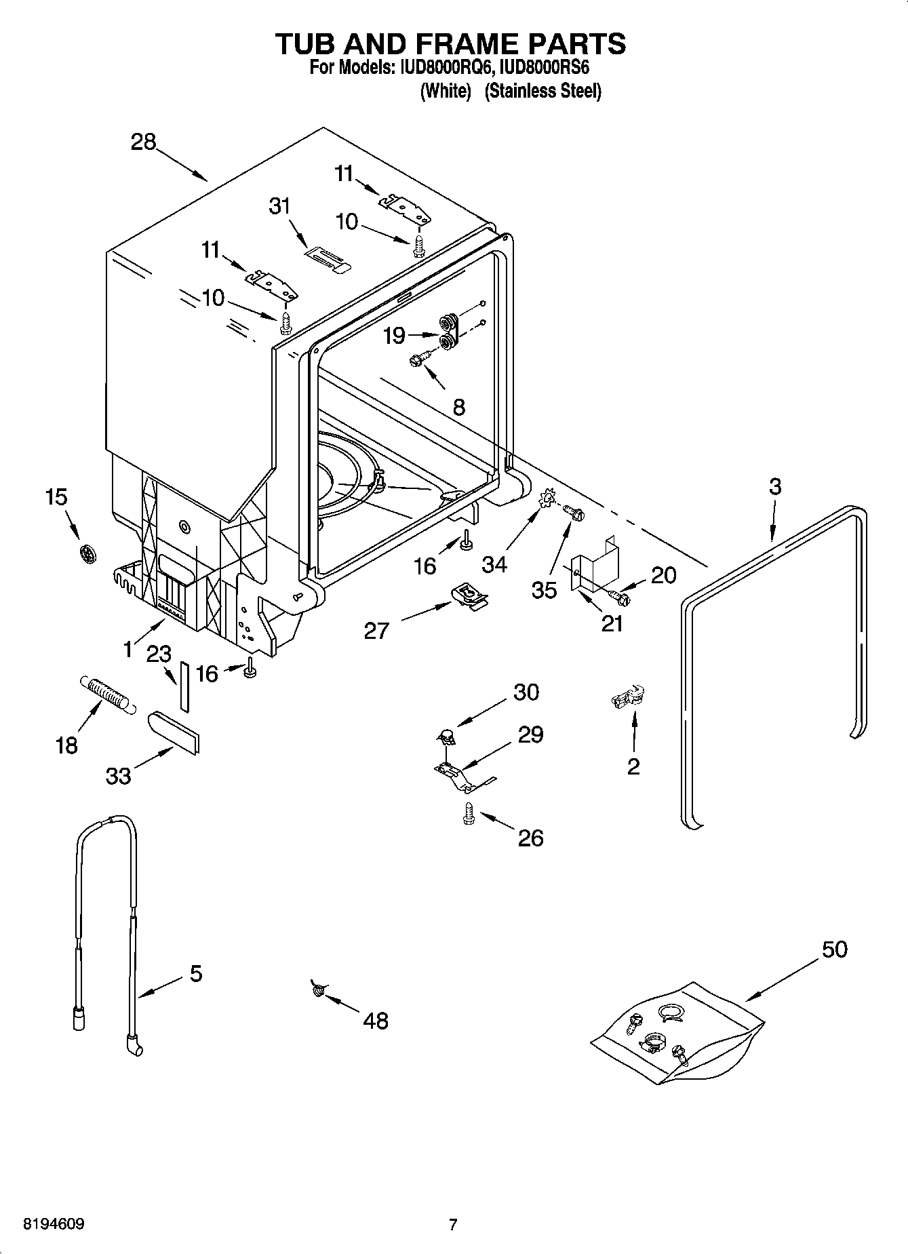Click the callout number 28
click(x=144, y=142)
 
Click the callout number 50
click(x=835, y=949)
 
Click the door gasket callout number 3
click(x=775, y=486)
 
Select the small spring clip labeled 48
click(x=317, y=990)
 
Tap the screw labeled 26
click(x=467, y=812)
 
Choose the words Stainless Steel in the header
click(x=543, y=91)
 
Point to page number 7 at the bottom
click(x=453, y=1224)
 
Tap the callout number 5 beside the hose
click(x=195, y=974)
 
